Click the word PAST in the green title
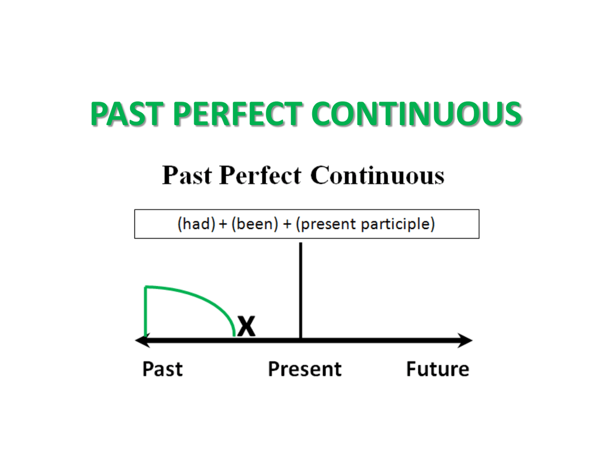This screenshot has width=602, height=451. click(x=125, y=114)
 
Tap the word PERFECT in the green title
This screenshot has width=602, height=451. click(x=236, y=114)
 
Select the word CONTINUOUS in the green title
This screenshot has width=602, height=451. click(x=416, y=114)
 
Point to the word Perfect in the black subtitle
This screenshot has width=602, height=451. click(x=260, y=175)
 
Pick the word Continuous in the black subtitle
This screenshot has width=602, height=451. click(x=377, y=175)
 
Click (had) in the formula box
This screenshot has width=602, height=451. click(x=196, y=224)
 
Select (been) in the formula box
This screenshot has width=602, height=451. click(x=255, y=224)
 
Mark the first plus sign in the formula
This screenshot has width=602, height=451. click(x=223, y=224)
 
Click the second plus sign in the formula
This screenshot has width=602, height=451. click(x=287, y=224)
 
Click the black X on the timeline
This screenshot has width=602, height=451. click(x=246, y=327)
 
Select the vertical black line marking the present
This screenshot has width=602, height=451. click(x=300, y=290)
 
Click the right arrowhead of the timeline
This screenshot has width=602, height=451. click(x=466, y=341)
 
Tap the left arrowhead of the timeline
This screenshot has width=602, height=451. click(x=142, y=341)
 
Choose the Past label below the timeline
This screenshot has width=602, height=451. click(x=162, y=369)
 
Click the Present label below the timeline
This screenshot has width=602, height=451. click(x=305, y=369)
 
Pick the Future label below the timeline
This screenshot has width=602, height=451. click(x=437, y=369)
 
